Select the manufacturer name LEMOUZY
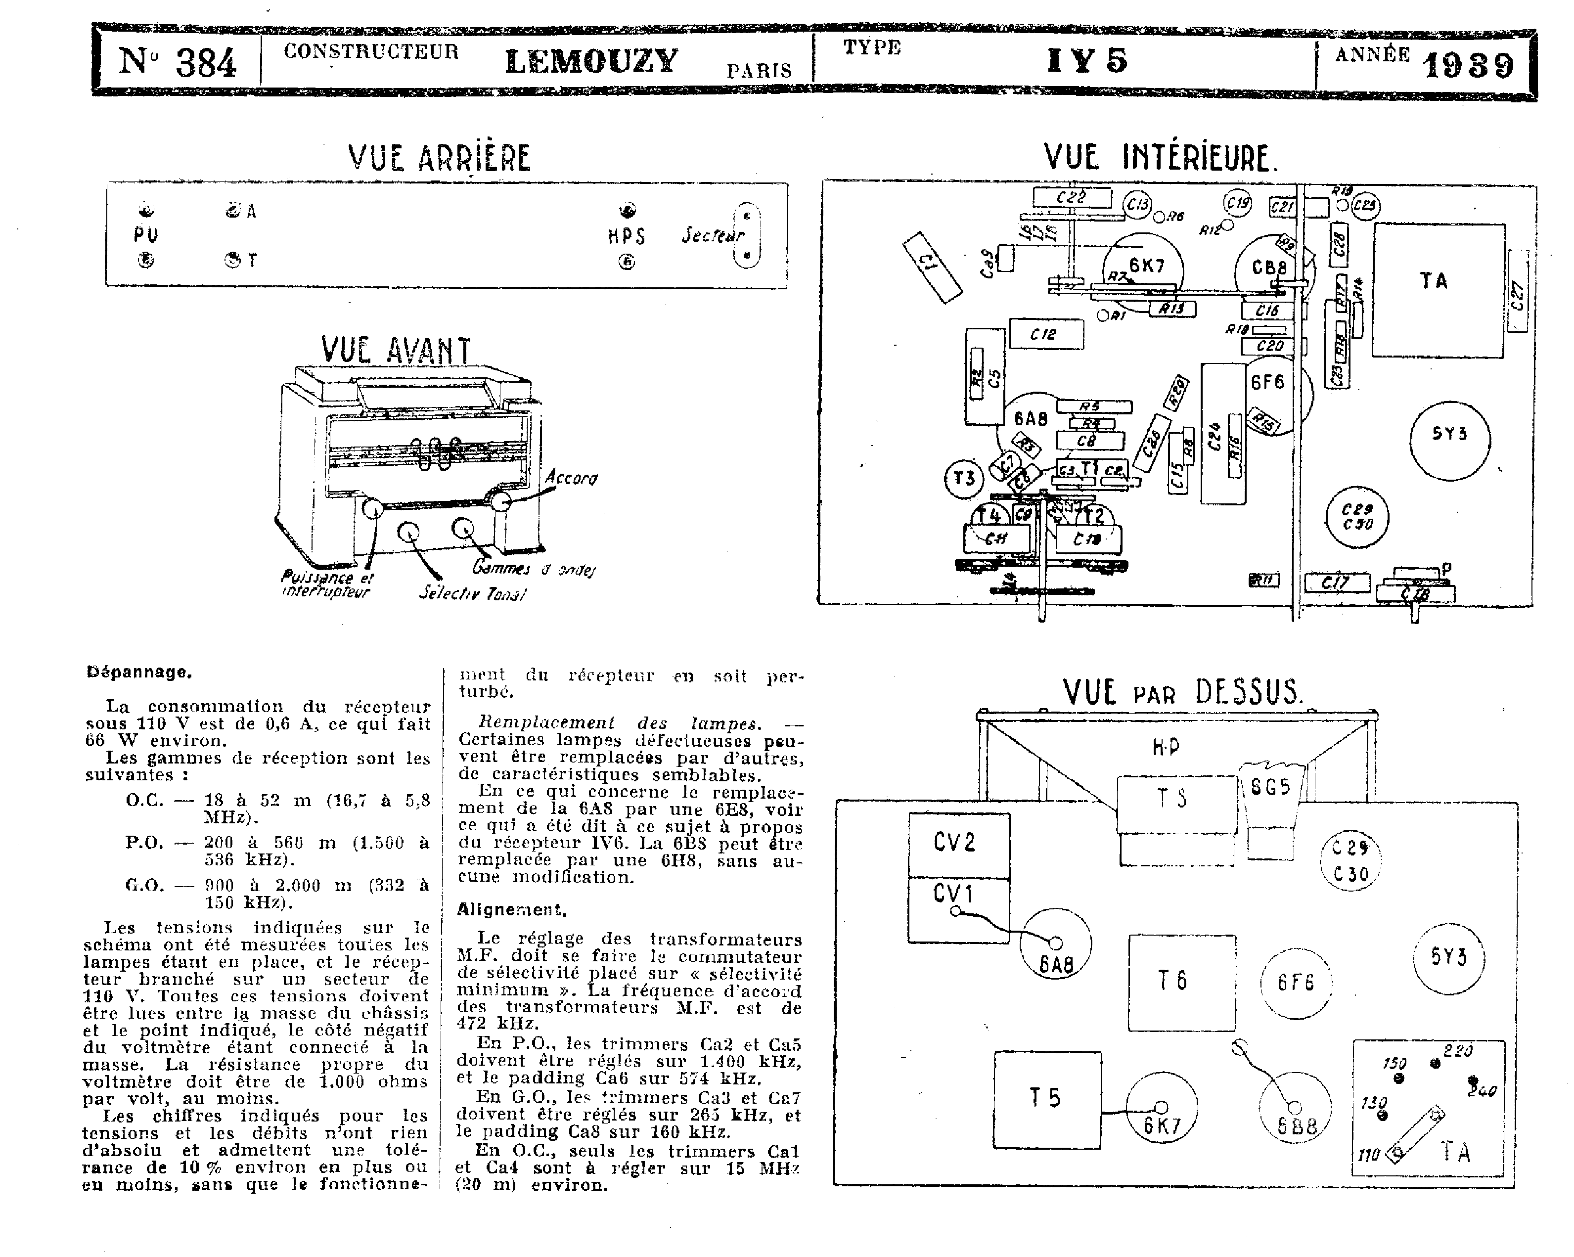click(x=591, y=61)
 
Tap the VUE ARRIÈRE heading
click(x=440, y=158)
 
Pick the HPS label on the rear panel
click(x=627, y=236)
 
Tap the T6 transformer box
click(x=1182, y=982)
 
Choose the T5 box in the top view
click(x=1047, y=1099)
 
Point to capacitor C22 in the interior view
click(x=1072, y=197)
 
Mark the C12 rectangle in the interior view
click(x=1045, y=334)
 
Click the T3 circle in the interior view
click(x=964, y=479)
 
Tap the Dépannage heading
click(x=139, y=672)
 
